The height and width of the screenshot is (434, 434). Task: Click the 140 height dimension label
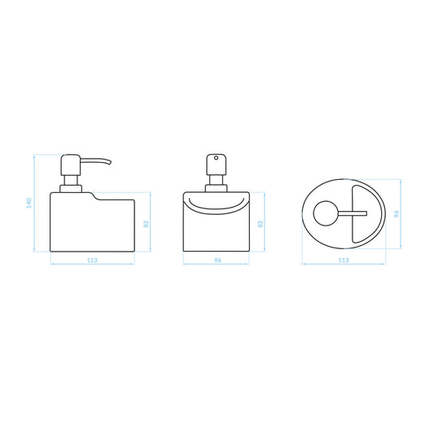pos(29,204)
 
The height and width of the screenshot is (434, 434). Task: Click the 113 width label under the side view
pos(92,261)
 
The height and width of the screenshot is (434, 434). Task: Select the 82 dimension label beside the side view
pos(147,224)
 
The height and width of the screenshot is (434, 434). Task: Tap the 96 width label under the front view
pos(218,261)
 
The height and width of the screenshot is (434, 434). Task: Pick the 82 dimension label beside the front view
pos(261,224)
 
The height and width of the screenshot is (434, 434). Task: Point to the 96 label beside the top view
pos(397,213)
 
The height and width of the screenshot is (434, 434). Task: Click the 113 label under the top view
pos(344,261)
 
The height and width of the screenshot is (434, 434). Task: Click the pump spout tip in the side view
pos(110,163)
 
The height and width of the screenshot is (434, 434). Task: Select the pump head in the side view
pos(71,164)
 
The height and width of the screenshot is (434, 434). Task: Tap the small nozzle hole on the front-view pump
pos(216,158)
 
